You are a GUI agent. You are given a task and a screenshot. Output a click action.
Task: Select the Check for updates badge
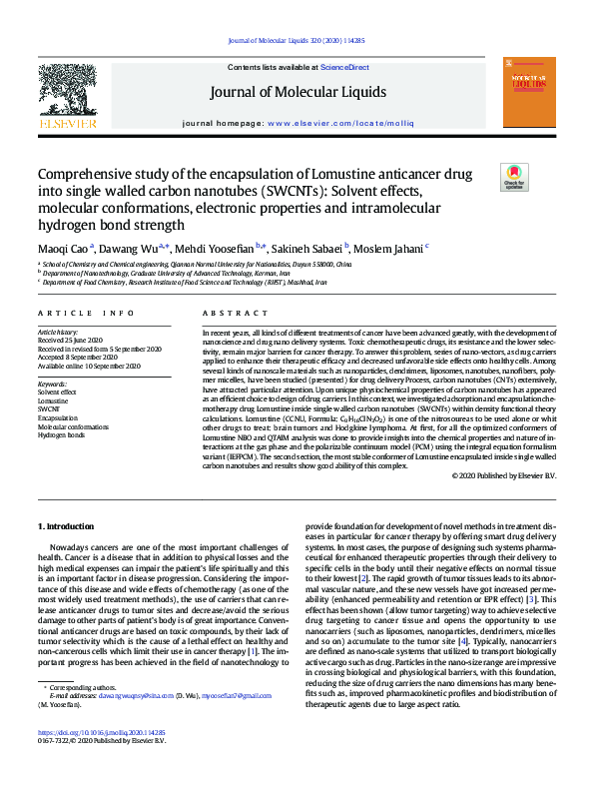pos(514,178)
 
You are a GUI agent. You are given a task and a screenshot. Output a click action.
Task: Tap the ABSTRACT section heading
pos(229,313)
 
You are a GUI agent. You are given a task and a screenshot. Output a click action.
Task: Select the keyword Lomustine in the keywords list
pos(54,400)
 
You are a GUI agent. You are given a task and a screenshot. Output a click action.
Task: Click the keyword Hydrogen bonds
pos(62,436)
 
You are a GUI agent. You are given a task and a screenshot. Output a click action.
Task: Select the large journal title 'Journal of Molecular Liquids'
pos(297,93)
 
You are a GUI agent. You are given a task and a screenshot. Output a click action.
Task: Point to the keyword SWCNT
pos(50,409)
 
